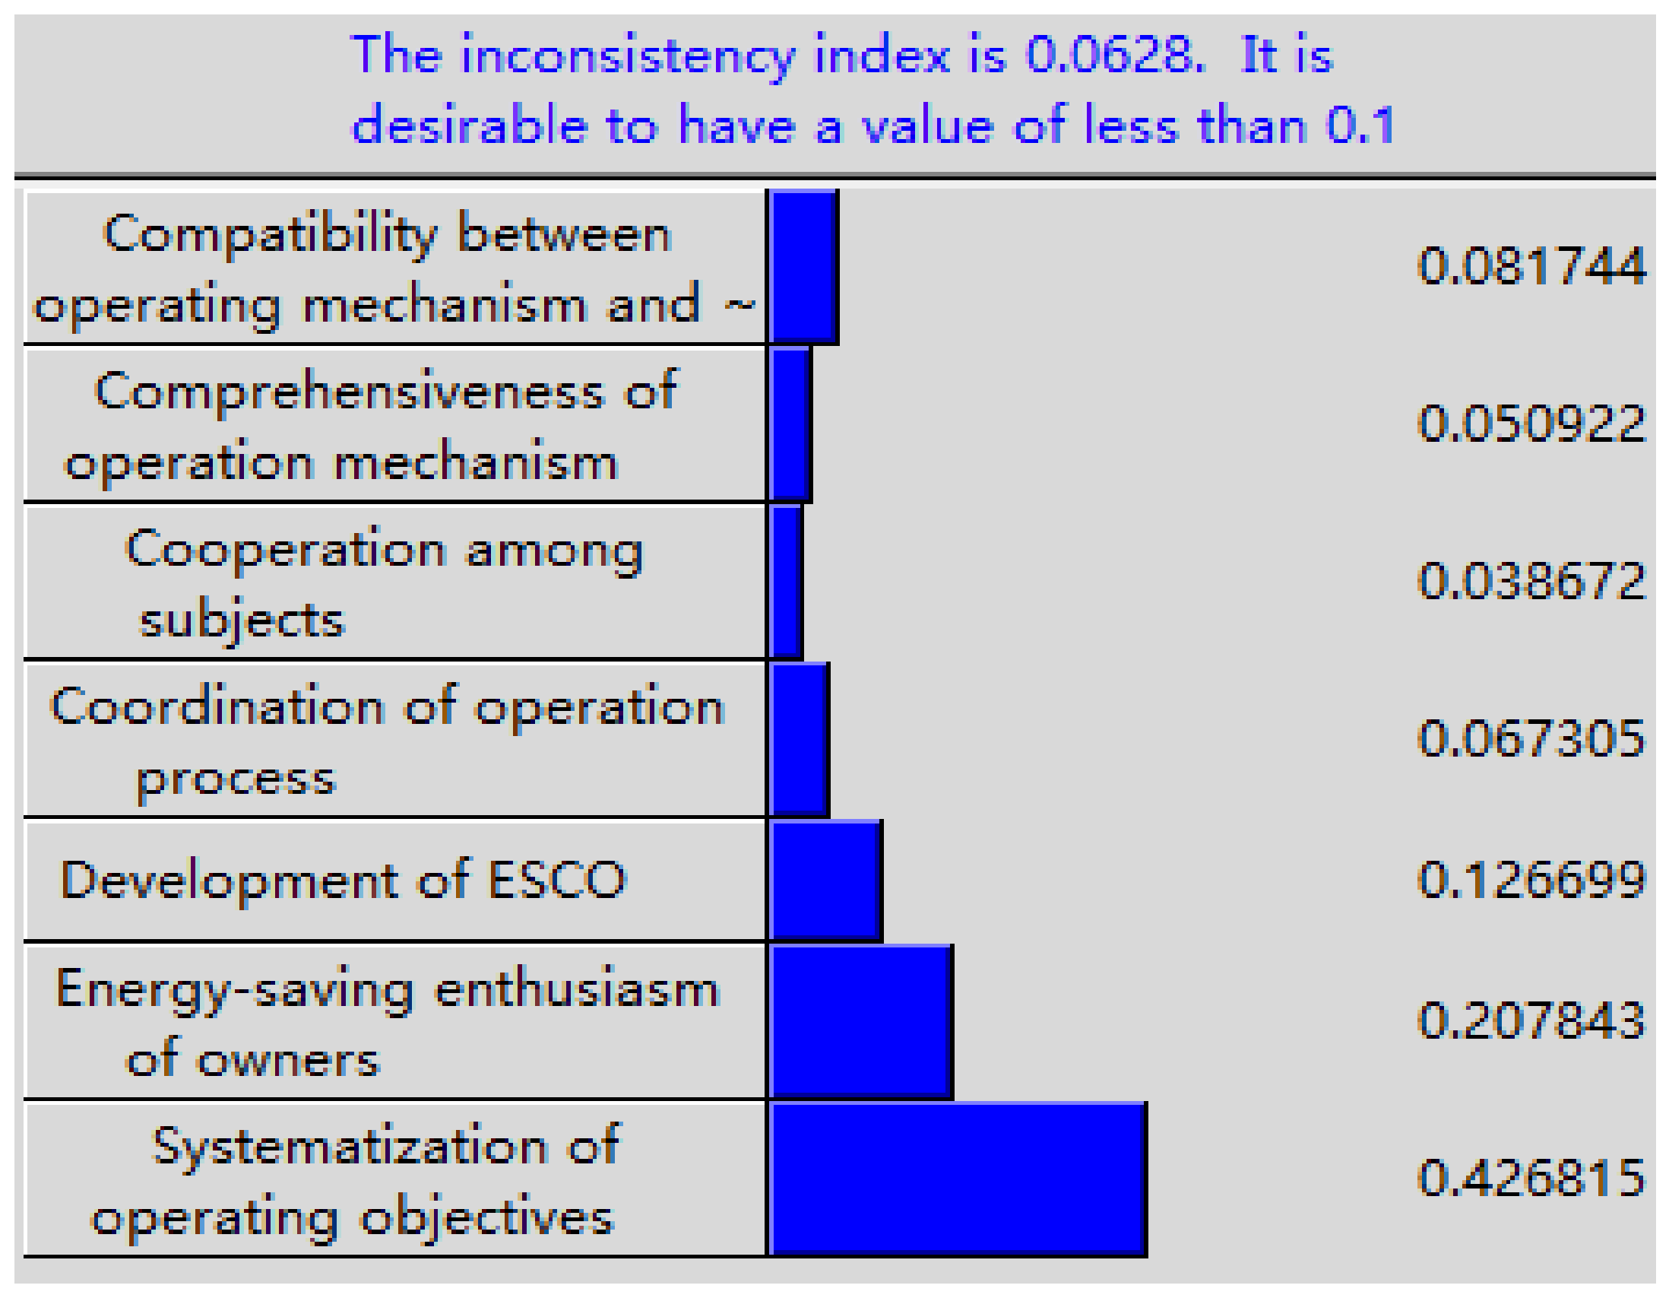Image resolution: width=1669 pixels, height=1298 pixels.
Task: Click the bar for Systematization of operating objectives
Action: (x=958, y=1179)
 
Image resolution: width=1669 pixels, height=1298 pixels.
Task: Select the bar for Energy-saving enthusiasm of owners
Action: (x=861, y=1022)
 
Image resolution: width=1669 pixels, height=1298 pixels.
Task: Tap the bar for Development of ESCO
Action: (x=826, y=880)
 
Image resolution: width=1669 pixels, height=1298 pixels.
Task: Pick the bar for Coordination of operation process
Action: (x=800, y=739)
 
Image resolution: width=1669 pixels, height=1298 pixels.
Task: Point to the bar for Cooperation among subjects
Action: (x=787, y=581)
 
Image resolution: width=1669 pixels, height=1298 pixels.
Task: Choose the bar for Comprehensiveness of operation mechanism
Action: (x=790, y=424)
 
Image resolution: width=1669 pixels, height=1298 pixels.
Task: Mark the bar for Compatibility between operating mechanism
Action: (x=804, y=266)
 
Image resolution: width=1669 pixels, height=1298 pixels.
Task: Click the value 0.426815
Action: (x=1531, y=1178)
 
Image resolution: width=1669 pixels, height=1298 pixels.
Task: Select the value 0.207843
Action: (x=1531, y=1020)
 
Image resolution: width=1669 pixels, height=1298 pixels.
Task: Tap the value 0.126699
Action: (x=1531, y=879)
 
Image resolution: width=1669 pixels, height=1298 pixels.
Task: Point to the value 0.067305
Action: (x=1531, y=738)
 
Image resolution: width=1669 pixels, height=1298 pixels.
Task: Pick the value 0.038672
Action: (x=1531, y=581)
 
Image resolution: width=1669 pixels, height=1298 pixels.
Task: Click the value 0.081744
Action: (x=1531, y=265)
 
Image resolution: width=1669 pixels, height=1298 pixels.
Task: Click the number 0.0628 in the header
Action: (x=1114, y=55)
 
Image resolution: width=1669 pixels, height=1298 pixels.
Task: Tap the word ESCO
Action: (x=557, y=880)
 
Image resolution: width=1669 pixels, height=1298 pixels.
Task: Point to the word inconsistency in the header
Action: (x=627, y=56)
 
